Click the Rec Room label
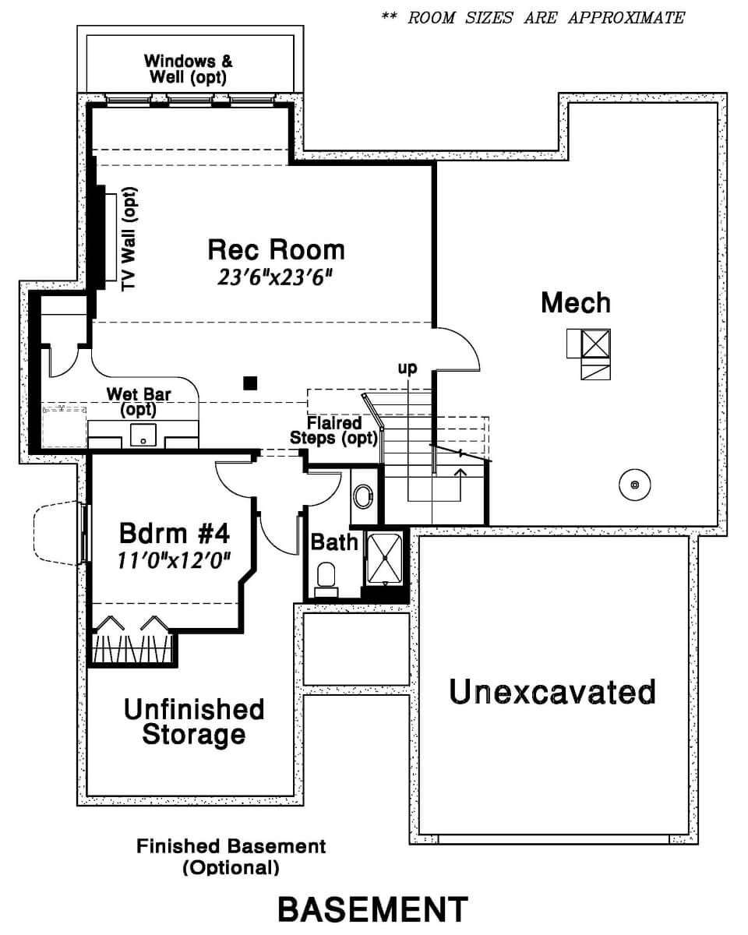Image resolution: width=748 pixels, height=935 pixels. coord(277,250)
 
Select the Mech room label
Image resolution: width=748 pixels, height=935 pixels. coord(576,302)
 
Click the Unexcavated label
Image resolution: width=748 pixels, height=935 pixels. coord(552,691)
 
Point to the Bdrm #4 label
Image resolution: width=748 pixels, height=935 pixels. coord(174,533)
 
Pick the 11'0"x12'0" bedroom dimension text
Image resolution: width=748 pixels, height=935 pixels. coord(174,560)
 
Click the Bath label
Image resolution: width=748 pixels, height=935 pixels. coord(334,542)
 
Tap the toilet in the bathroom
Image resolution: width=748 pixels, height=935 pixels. coord(326,580)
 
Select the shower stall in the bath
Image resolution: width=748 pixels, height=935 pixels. coord(385,559)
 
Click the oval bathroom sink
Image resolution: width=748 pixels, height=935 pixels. coord(363,496)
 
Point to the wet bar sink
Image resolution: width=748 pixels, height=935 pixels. coord(143,435)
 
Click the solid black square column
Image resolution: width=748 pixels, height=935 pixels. coord(250,383)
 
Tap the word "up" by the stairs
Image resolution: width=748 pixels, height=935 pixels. coord(408,368)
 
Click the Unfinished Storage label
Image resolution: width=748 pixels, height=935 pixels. coord(194,722)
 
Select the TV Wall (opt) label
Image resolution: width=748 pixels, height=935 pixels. coord(129,239)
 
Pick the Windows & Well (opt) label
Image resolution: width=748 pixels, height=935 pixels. coord(189,69)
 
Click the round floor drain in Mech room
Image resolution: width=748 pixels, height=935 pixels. coord(634,485)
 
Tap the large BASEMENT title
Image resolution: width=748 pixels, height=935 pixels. coord(373,909)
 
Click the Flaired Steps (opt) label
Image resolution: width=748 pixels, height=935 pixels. coord(333,430)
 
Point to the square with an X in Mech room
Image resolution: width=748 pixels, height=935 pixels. coord(595,344)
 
